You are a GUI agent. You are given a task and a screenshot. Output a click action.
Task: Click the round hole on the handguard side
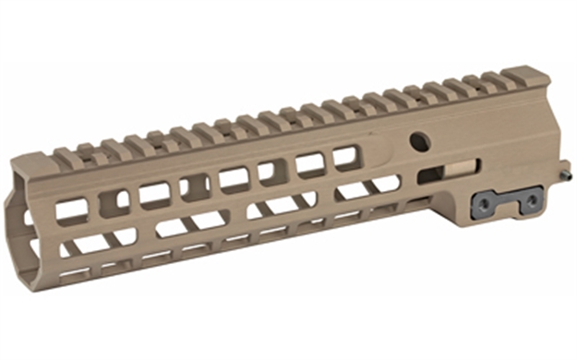pos(420,141)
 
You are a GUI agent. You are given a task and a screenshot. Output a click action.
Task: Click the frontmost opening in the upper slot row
pos(71,211)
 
